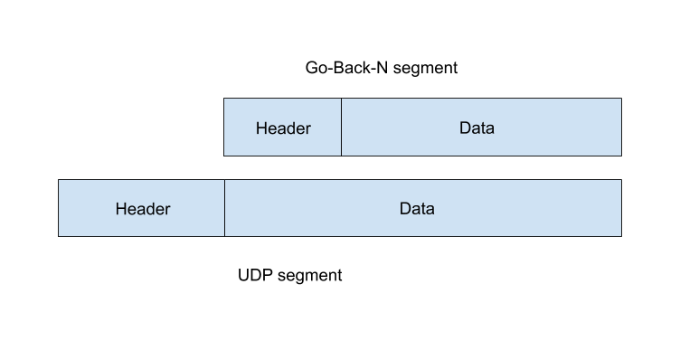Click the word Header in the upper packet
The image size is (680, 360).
(x=283, y=128)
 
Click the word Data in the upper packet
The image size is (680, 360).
(x=477, y=128)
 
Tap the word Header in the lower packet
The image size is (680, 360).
(x=143, y=209)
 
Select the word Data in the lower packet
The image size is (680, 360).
(x=417, y=209)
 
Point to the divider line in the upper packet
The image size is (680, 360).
(x=341, y=128)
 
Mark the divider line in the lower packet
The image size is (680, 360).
(x=224, y=208)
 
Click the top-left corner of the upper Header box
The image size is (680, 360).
(x=224, y=99)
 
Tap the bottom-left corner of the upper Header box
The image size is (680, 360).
(x=224, y=155)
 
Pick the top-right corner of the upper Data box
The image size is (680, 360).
(x=620, y=99)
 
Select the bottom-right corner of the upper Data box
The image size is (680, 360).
(x=620, y=155)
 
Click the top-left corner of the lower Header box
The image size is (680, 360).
(x=59, y=180)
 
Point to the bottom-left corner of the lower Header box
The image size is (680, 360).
(x=59, y=235)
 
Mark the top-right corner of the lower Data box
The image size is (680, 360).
(x=620, y=180)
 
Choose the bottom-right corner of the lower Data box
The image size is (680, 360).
(x=620, y=235)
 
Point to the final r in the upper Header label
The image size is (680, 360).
(x=307, y=128)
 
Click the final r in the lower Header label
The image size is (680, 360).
(x=167, y=210)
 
